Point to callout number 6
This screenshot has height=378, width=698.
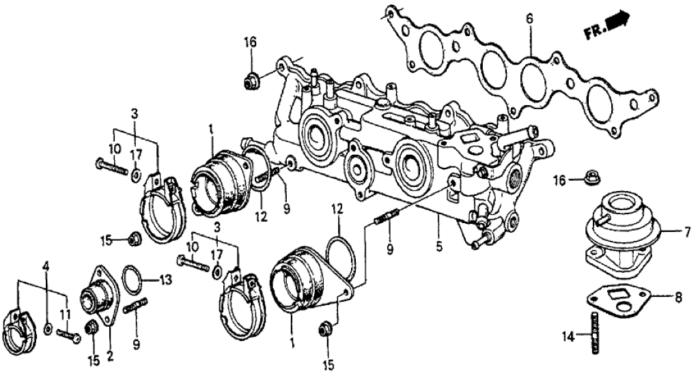pyautogui.click(x=529, y=20)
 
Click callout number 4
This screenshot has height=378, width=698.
pyautogui.click(x=46, y=265)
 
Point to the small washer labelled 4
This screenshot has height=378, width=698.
pyautogui.click(x=46, y=330)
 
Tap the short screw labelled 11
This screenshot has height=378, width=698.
pyautogui.click(x=68, y=336)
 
